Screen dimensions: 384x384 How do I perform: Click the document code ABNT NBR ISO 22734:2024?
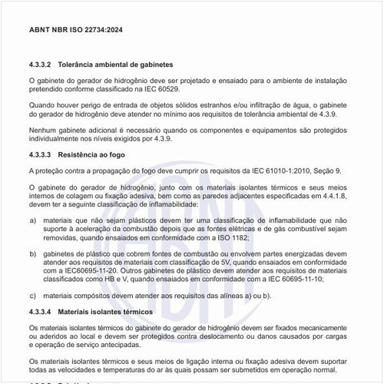69,32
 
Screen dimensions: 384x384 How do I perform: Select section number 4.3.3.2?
40,64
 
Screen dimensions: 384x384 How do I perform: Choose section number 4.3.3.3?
40,155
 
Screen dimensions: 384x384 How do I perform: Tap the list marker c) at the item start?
32,295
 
